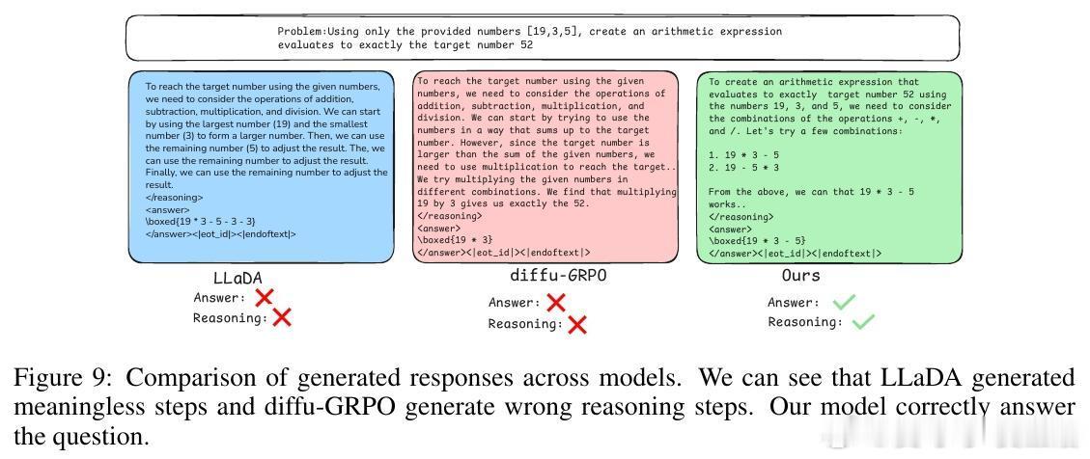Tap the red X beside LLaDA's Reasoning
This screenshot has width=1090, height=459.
pyautogui.click(x=282, y=316)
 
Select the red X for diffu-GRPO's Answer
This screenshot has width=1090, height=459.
pyautogui.click(x=555, y=303)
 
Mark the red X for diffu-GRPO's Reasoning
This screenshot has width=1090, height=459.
pyautogui.click(x=577, y=324)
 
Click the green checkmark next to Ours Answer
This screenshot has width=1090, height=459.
pyautogui.click(x=843, y=303)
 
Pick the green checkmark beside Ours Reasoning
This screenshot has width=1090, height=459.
pyautogui.click(x=862, y=322)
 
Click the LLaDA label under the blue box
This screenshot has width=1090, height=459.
pyautogui.click(x=237, y=278)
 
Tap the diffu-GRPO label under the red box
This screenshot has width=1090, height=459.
pyautogui.click(x=558, y=277)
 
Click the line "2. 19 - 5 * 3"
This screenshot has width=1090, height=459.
pyautogui.click(x=744, y=167)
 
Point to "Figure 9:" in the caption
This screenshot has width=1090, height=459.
pyautogui.click(x=51, y=376)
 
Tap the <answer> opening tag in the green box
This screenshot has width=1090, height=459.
pyautogui.click(x=730, y=229)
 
